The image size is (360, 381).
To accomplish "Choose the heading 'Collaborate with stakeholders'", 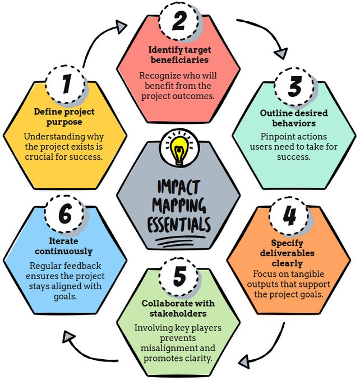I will pyautogui.click(x=179, y=308).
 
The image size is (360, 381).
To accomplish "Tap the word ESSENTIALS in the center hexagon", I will pyautogui.click(x=179, y=225).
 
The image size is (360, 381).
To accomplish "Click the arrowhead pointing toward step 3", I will pyautogui.click(x=278, y=54).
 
